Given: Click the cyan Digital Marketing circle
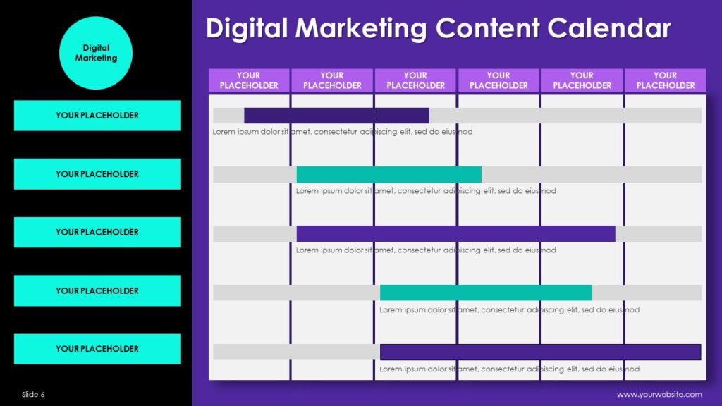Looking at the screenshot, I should [x=96, y=53].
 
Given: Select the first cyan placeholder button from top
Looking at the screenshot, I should [x=97, y=116].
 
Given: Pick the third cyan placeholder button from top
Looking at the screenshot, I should [x=97, y=232].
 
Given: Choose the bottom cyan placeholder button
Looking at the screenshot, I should [x=97, y=349].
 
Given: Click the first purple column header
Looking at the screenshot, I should [x=249, y=80].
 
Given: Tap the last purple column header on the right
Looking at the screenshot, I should [x=665, y=80].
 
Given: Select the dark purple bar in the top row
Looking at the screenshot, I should [x=336, y=116].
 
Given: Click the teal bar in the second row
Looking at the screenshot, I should [x=388, y=174].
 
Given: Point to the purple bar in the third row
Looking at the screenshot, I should [x=455, y=233].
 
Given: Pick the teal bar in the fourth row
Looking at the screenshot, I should [x=486, y=293].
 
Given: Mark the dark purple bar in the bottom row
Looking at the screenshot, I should [x=540, y=352].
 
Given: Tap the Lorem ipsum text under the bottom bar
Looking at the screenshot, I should [x=509, y=369].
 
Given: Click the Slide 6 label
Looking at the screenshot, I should [x=33, y=395].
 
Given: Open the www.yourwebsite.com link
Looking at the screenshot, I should [x=659, y=395].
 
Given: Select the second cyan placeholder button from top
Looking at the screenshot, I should [x=97, y=174].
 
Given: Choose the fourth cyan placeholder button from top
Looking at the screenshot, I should [x=97, y=290].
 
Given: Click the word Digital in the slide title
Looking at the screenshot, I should [x=247, y=28].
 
